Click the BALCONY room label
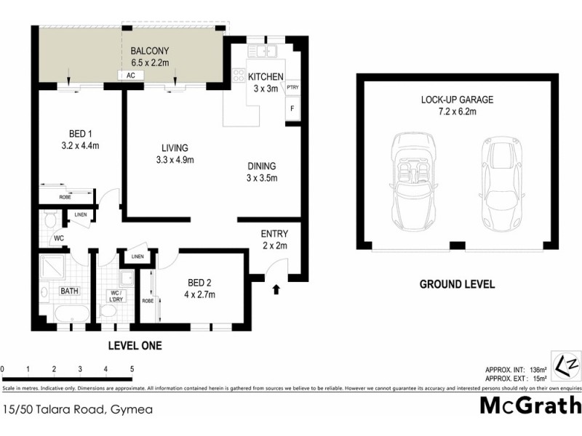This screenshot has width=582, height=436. [x=149, y=51]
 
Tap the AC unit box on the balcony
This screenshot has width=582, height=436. [x=131, y=76]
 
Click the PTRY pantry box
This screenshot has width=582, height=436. [x=292, y=88]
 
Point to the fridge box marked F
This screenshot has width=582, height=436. [x=292, y=110]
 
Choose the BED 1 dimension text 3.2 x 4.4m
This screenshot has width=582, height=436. [x=79, y=145]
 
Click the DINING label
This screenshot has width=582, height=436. [x=261, y=165]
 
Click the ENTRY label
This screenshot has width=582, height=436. [x=274, y=234]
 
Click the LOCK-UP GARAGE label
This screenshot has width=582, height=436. [x=457, y=100]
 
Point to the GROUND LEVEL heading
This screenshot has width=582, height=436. [x=457, y=284]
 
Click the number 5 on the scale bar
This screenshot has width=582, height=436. [x=132, y=369]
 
